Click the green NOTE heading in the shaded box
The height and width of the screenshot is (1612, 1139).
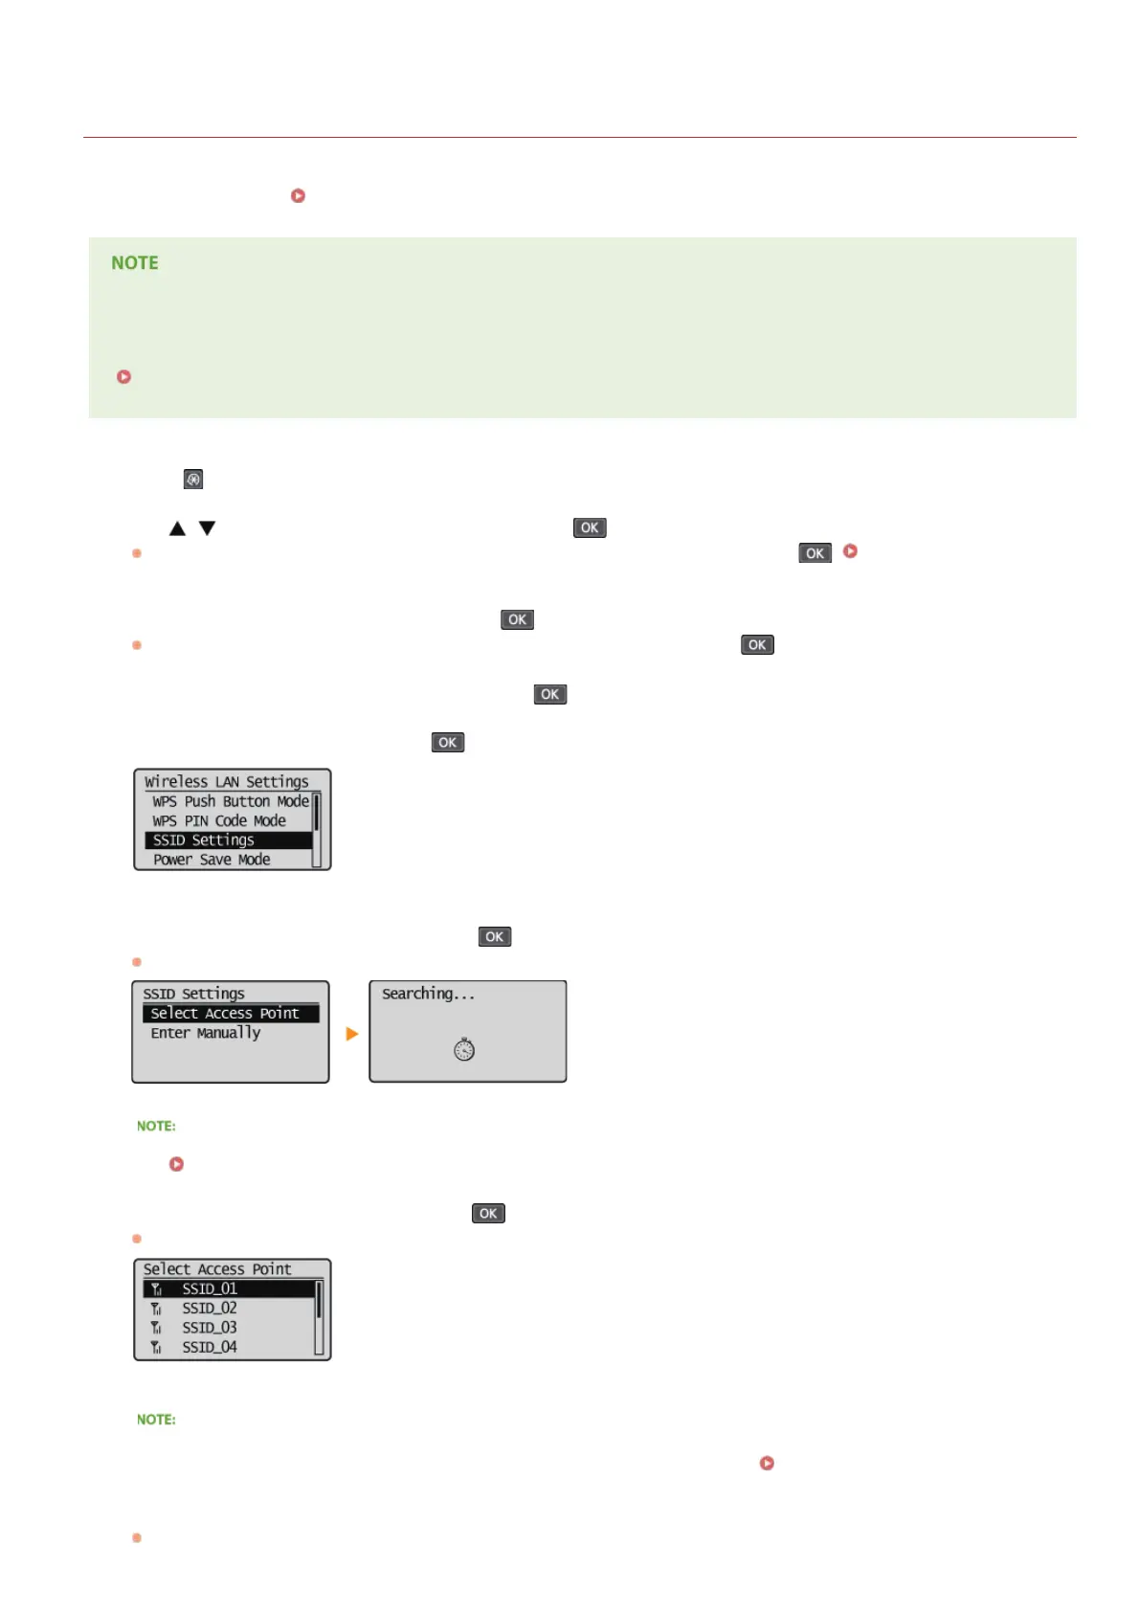pyautogui.click(x=135, y=263)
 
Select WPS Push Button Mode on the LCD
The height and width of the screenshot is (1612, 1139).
pyautogui.click(x=230, y=801)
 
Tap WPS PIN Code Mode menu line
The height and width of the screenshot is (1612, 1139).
pyautogui.click(x=218, y=820)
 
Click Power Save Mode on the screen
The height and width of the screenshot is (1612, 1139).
pyautogui.click(x=212, y=860)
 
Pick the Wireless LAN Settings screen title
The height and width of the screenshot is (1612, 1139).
pyautogui.click(x=227, y=781)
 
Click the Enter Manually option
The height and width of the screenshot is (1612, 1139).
pyautogui.click(x=205, y=1033)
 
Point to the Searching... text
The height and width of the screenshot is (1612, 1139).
pyautogui.click(x=428, y=994)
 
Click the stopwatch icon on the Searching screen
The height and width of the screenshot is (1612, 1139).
pyautogui.click(x=464, y=1049)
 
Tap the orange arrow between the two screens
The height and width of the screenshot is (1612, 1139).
pyautogui.click(x=351, y=1034)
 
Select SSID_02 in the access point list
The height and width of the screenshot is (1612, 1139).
pyautogui.click(x=210, y=1308)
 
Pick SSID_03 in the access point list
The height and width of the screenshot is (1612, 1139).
pyautogui.click(x=210, y=1328)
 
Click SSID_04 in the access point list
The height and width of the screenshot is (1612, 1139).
pyautogui.click(x=210, y=1347)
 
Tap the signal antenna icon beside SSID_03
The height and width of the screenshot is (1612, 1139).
pyautogui.click(x=156, y=1328)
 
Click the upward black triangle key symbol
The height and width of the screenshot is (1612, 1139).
pyautogui.click(x=177, y=528)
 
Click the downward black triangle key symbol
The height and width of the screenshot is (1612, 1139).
pyautogui.click(x=207, y=528)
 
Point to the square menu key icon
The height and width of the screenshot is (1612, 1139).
pyautogui.click(x=193, y=479)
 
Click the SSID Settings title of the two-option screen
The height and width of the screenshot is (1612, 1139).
pyautogui.click(x=193, y=994)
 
